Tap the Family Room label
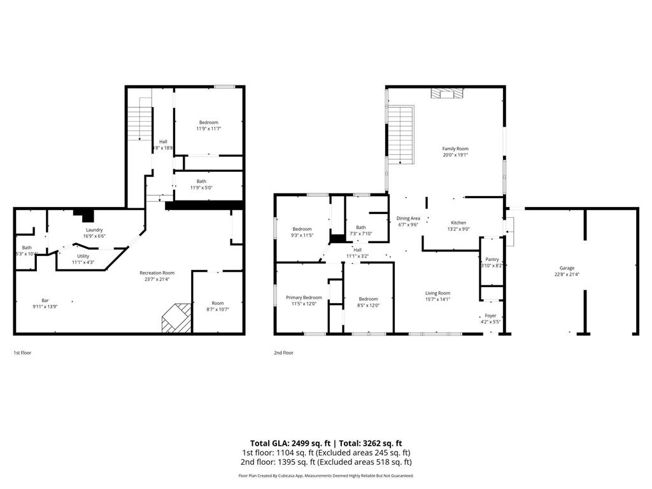click(x=455, y=148)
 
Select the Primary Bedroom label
click(x=303, y=297)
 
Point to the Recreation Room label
click(x=157, y=273)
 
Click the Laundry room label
click(x=94, y=230)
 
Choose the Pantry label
click(x=492, y=259)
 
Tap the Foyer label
click(x=490, y=315)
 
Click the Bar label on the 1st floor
click(x=45, y=300)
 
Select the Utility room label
click(x=83, y=256)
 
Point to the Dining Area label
click(x=408, y=218)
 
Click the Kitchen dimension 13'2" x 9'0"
click(x=459, y=229)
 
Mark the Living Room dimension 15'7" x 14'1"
click(x=437, y=299)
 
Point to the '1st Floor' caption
click(x=22, y=352)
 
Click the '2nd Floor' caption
click(x=283, y=352)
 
